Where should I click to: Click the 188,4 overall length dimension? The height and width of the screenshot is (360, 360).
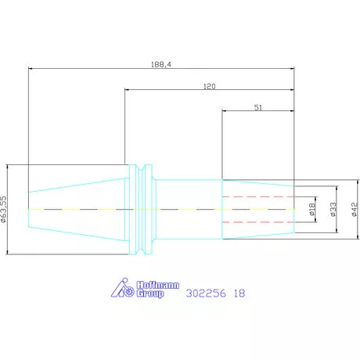click(x=161, y=64)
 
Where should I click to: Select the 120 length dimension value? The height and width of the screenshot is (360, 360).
click(x=210, y=86)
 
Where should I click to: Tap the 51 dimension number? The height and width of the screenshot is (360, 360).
click(x=258, y=107)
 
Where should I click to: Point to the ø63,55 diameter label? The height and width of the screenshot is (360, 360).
click(x=3, y=209)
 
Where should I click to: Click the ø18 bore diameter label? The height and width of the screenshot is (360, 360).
click(x=312, y=210)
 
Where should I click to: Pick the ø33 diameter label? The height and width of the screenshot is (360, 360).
click(x=333, y=210)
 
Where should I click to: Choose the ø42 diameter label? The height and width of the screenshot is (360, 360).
click(x=355, y=210)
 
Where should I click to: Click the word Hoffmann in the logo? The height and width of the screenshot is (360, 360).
click(x=158, y=285)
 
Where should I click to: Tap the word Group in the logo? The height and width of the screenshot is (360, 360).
click(x=150, y=293)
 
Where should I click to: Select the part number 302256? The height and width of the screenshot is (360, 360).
click(x=206, y=293)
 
